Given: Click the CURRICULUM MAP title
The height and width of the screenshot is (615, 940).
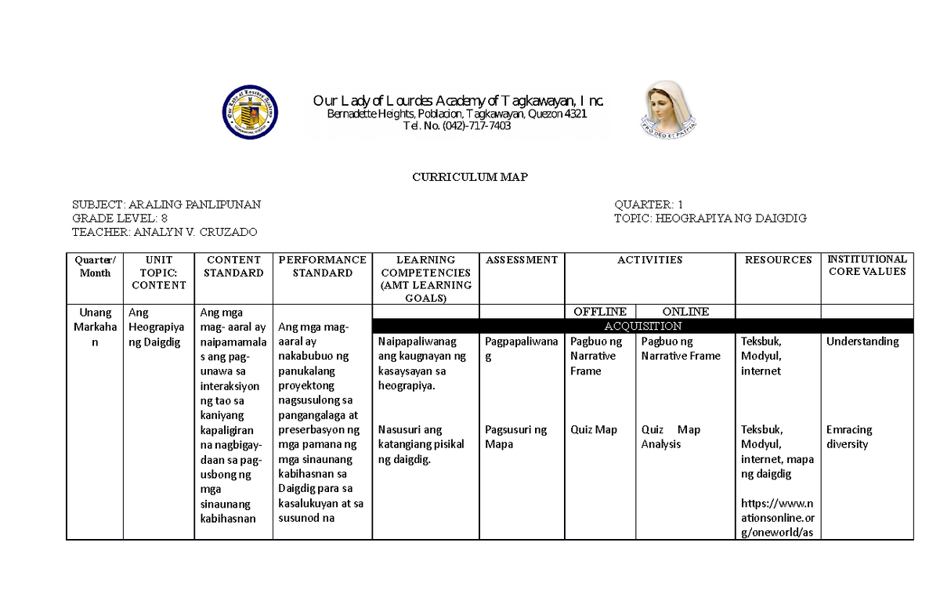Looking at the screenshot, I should [x=470, y=177].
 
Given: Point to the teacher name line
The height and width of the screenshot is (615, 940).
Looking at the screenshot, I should [x=164, y=232].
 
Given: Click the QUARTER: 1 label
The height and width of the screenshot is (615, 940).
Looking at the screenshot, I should [x=649, y=204].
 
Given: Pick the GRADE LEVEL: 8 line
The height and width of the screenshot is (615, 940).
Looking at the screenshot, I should [x=119, y=218].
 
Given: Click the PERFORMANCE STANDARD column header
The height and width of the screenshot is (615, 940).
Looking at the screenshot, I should [x=322, y=266].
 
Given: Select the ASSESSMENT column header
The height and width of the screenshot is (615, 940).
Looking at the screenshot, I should [x=522, y=260].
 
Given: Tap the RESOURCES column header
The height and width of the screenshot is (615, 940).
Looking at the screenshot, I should [x=778, y=260].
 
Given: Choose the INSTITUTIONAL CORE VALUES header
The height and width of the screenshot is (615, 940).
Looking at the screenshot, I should [x=867, y=266].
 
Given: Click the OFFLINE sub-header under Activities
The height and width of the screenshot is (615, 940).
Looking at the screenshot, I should [x=600, y=312].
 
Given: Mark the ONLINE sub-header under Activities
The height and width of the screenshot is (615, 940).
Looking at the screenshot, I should [x=686, y=312].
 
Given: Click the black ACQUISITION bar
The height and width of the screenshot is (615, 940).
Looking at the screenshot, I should [x=642, y=326].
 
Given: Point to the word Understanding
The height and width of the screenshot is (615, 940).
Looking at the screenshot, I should [x=862, y=342].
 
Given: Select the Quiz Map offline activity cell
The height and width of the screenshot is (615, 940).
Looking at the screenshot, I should [x=594, y=429].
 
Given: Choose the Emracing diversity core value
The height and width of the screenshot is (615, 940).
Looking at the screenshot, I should [x=848, y=437].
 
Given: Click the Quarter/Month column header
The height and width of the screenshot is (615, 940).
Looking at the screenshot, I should [x=95, y=266].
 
